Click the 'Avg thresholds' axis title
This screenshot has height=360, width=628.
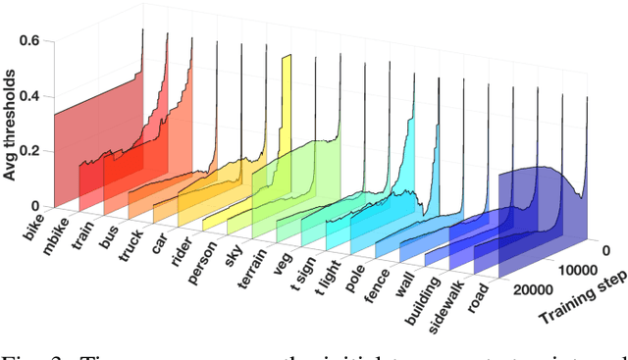(x=13, y=98)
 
